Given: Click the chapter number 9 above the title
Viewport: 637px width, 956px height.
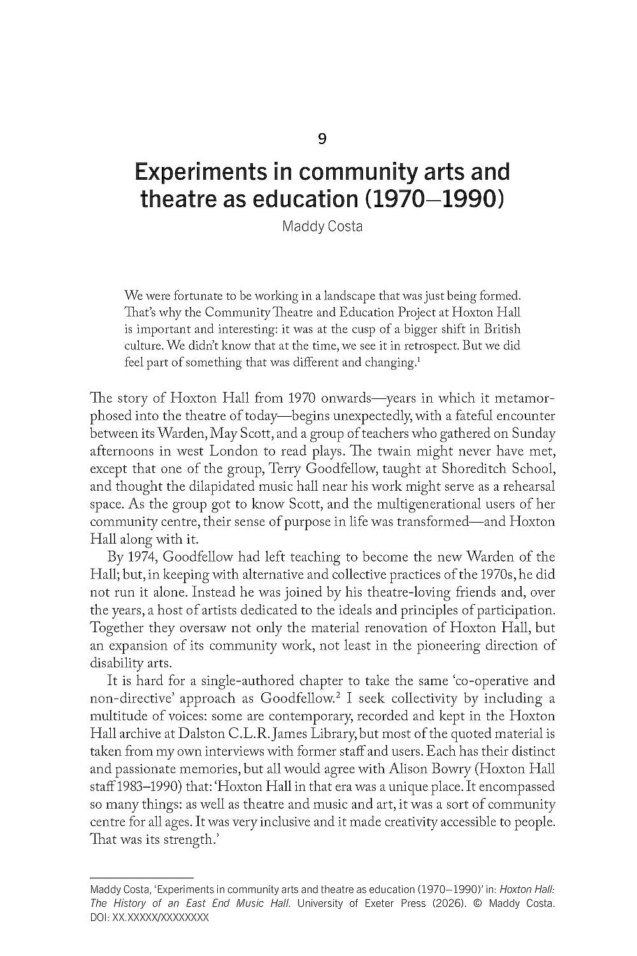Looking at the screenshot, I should point(322,138).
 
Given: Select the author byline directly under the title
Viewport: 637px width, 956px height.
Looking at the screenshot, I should point(322,226).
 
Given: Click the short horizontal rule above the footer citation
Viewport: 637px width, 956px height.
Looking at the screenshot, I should point(141,878).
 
